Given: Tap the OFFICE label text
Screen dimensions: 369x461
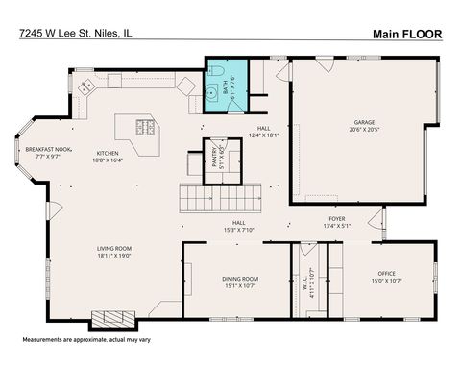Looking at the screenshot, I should (x=386, y=275).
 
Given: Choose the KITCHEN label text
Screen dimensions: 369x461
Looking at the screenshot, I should (x=108, y=153).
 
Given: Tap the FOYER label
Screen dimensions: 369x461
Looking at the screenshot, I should (x=337, y=218).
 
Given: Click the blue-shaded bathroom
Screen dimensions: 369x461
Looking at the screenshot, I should (x=226, y=87).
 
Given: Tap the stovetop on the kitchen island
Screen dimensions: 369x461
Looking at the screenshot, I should (x=146, y=126).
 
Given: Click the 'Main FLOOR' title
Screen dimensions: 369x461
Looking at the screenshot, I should (x=407, y=35).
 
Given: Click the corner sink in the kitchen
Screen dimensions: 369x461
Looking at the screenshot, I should (x=88, y=86).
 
